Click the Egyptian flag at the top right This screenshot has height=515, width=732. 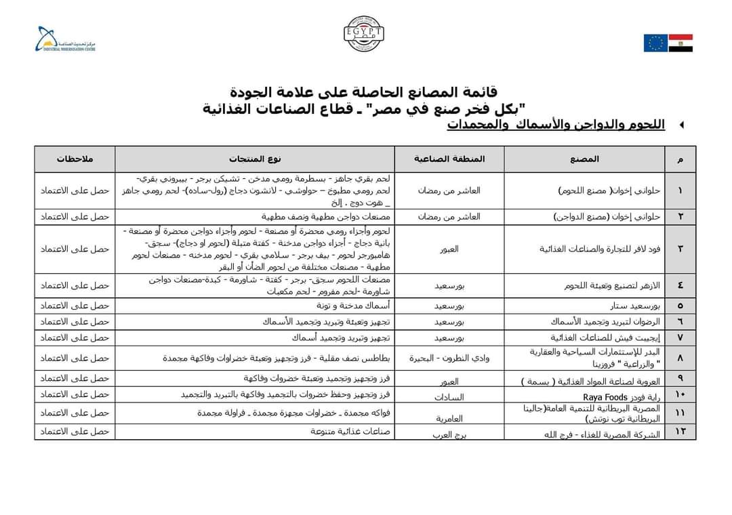[680, 43]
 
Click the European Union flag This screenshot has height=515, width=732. [655, 43]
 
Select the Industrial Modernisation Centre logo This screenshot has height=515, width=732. [66, 40]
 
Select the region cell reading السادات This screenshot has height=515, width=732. [449, 395]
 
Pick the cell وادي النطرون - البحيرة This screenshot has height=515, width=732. [449, 358]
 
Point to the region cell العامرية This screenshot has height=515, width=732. [449, 419]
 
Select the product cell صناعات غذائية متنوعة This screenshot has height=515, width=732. [350, 431]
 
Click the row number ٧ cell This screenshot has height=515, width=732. [680, 337]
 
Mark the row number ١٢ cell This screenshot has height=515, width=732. [680, 431]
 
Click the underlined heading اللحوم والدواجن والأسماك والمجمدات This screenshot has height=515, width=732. [556, 125]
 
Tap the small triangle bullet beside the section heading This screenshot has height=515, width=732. [681, 125]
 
